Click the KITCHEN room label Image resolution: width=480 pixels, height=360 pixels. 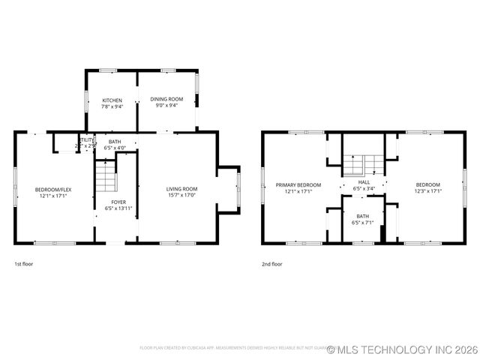click(112, 100)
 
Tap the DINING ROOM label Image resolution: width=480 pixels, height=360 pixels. click(166, 99)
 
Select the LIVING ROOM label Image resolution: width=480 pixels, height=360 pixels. click(181, 188)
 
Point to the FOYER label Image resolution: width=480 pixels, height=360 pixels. click(118, 202)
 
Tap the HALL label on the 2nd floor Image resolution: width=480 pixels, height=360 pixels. click(364, 182)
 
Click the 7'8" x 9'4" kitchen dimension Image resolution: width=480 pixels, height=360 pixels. click(112, 106)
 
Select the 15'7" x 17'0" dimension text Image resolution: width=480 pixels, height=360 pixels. click(181, 195)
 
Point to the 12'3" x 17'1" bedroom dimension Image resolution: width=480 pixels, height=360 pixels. click(428, 190)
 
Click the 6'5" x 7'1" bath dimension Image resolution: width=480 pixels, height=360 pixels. click(363, 223)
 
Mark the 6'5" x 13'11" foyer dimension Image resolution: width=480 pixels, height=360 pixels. click(118, 208)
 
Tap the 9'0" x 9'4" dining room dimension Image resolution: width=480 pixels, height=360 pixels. click(166, 105)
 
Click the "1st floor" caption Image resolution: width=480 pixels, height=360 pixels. click(24, 264)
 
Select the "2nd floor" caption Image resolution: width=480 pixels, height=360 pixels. click(272, 264)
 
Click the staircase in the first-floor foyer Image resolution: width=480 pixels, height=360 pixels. click(106, 179)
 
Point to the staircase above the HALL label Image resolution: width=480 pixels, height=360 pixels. click(364, 164)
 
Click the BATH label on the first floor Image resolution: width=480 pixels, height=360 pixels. click(115, 142)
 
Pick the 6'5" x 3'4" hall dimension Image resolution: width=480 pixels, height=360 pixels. click(364, 188)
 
